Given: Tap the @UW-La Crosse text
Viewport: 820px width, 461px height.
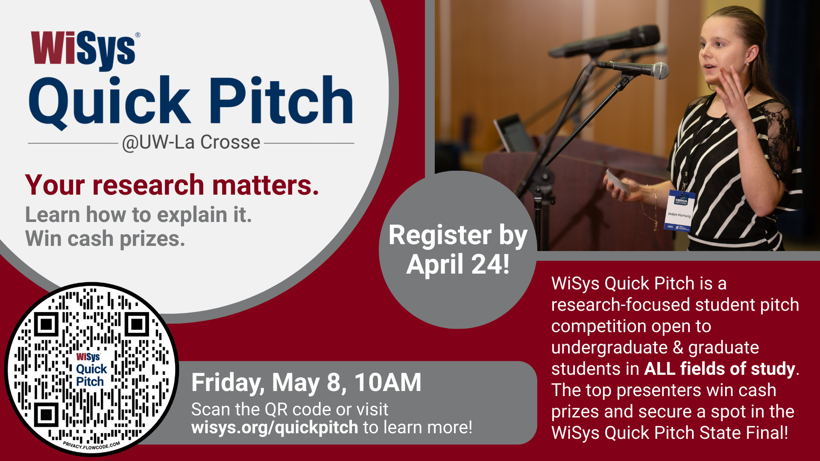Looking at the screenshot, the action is tap(191, 143).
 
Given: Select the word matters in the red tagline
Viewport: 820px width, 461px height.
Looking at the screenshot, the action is tap(265, 185).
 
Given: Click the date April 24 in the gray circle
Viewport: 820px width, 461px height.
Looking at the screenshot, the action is tap(457, 265).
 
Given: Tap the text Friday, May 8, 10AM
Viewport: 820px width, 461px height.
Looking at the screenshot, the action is tap(306, 382).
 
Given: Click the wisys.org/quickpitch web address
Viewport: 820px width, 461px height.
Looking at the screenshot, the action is tap(275, 427).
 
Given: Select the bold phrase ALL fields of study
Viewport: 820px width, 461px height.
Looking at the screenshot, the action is tap(720, 369).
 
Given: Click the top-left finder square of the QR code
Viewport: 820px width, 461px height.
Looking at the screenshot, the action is tap(46, 325).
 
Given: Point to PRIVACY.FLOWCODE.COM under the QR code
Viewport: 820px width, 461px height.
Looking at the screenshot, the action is tap(91, 446).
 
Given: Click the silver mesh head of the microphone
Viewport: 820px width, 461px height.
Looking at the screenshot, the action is tap(660, 71).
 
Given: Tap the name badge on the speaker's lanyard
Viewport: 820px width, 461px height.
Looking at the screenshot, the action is tap(679, 210).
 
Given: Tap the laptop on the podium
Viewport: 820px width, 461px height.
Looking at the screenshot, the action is tap(512, 133).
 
